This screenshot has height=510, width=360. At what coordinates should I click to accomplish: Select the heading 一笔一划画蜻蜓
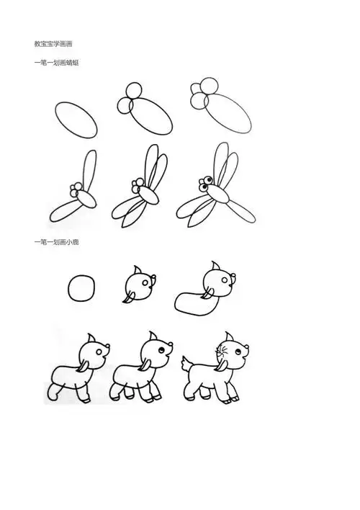56,63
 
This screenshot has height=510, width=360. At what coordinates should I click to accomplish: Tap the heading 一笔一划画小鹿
56,242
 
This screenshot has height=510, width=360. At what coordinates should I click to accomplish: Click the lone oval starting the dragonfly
76,118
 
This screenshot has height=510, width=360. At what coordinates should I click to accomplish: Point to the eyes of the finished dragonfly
206,183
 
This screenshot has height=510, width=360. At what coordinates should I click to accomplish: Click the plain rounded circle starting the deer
81,289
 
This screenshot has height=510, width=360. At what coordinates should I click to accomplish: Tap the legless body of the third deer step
192,300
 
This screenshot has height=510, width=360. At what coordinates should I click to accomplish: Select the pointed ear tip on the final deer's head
226,336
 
